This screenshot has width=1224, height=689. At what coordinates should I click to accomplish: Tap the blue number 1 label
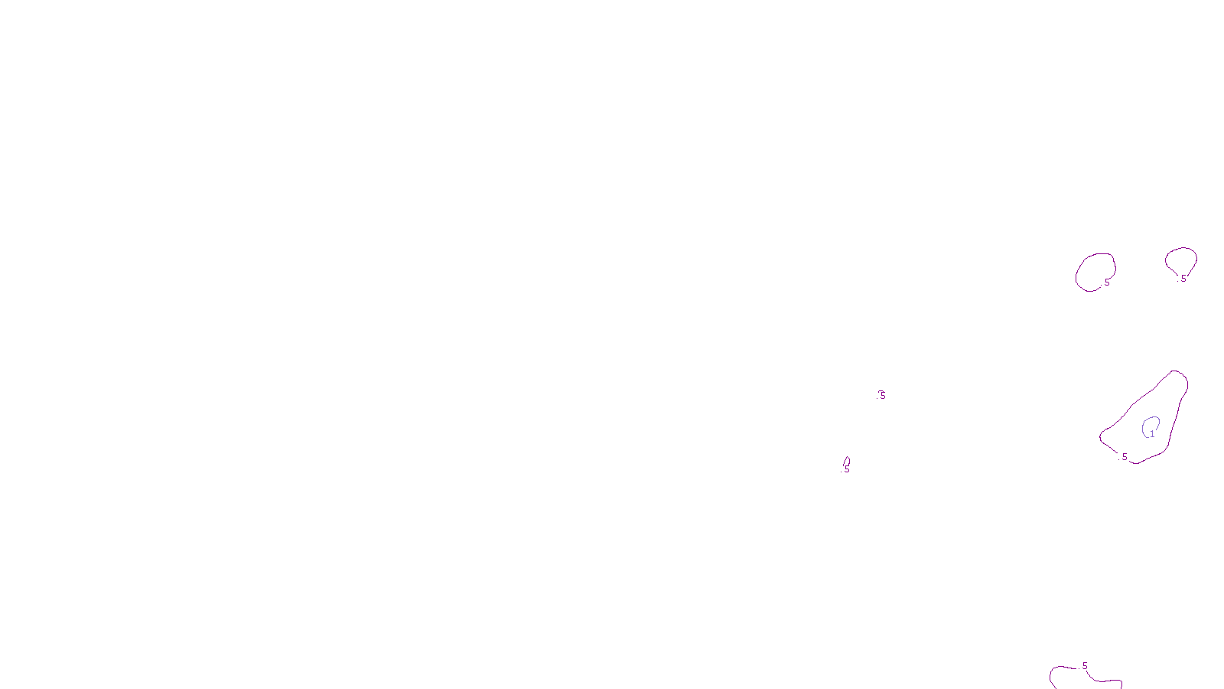(1152, 434)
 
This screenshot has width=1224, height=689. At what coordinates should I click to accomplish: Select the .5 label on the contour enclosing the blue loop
(1124, 457)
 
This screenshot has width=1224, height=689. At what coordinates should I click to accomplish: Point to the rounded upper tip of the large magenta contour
(1176, 373)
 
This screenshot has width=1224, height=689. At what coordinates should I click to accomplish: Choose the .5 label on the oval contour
(1106, 282)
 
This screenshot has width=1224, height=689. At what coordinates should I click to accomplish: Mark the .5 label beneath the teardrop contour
(1183, 279)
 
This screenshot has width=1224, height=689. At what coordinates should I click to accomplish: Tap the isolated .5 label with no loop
(882, 395)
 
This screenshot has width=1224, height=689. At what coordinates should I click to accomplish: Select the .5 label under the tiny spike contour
(846, 469)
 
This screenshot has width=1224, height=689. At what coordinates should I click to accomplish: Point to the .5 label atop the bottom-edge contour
(1084, 666)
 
